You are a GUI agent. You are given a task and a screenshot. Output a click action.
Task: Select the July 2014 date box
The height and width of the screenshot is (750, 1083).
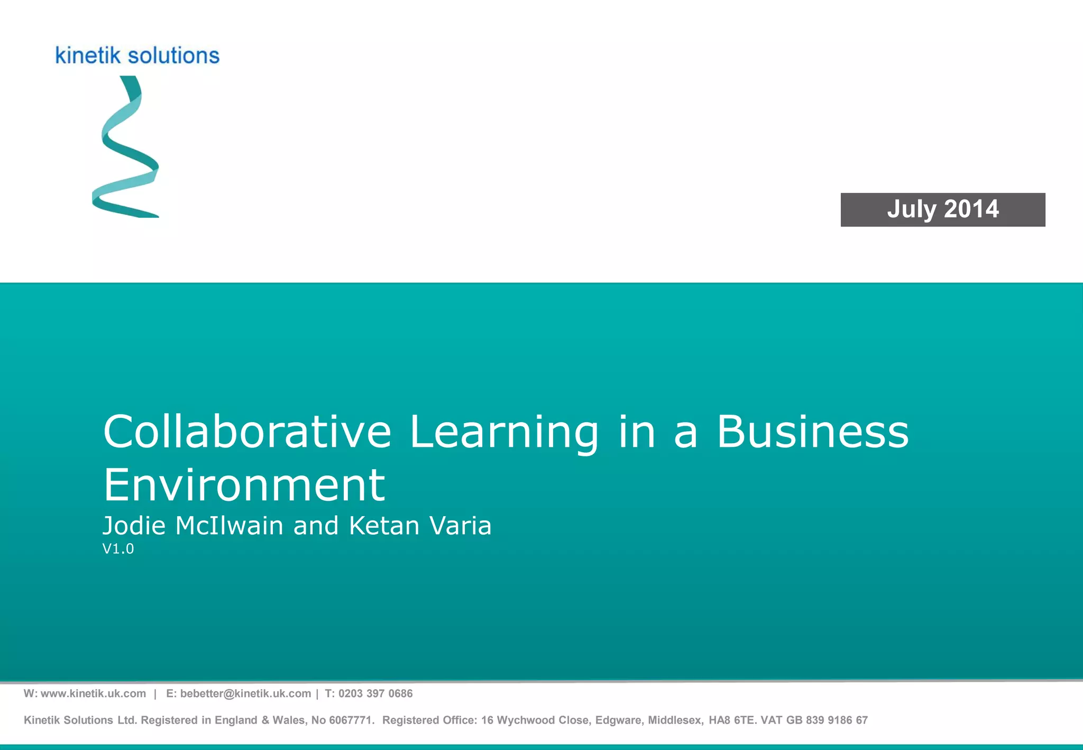[942, 209]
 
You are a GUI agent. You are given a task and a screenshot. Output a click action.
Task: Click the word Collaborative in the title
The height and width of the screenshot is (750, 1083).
[247, 432]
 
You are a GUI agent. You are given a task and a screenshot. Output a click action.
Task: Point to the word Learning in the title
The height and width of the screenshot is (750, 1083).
[504, 433]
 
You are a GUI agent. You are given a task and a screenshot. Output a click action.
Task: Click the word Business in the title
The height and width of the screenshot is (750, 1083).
[812, 432]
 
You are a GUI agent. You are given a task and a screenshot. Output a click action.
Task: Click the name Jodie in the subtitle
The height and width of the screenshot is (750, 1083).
[134, 526]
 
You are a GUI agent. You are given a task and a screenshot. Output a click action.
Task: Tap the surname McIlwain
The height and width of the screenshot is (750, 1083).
[229, 526]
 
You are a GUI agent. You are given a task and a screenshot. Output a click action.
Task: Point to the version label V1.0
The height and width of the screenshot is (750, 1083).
[118, 549]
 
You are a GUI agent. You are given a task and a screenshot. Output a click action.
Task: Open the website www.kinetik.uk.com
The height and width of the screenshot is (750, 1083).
[93, 693]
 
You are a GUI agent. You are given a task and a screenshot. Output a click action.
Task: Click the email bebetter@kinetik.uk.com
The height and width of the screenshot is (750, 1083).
[245, 693]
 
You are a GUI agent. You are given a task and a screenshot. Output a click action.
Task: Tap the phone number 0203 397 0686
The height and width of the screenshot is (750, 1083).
[375, 693]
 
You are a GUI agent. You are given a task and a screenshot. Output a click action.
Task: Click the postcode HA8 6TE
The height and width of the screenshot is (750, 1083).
[731, 720]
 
